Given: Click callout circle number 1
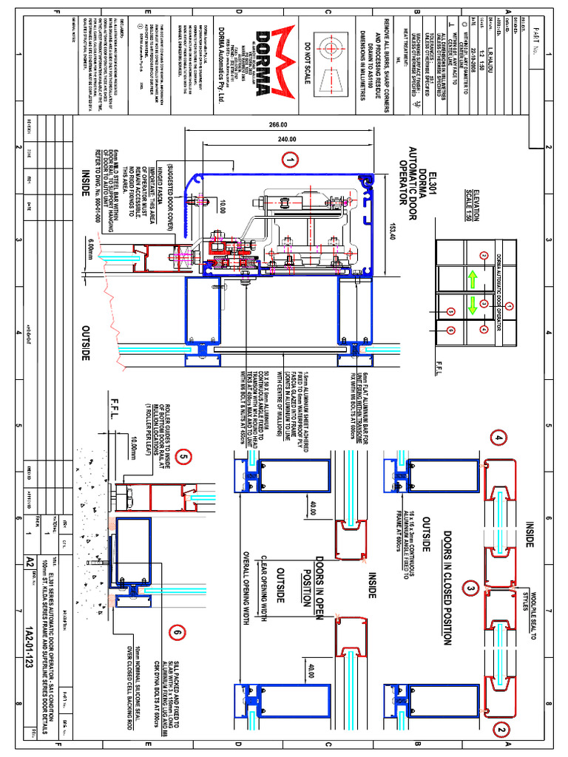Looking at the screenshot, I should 291,160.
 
